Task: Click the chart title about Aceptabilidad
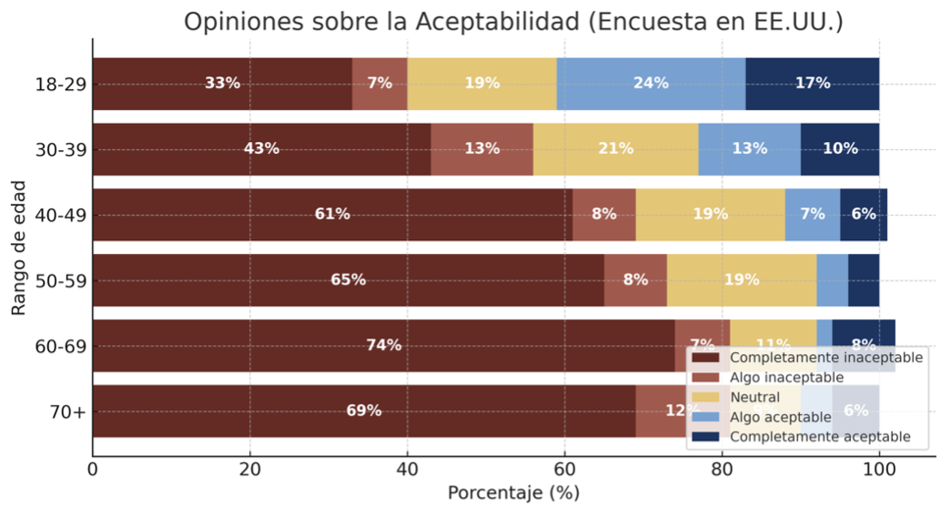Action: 513,22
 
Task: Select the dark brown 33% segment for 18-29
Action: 222,84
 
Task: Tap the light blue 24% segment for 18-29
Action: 650,84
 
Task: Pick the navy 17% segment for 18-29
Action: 812,84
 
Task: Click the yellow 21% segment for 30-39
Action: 615,149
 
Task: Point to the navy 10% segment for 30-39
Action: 839,149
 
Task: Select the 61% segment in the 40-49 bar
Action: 332,215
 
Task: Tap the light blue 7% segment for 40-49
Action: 812,215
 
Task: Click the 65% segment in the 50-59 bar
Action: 348,280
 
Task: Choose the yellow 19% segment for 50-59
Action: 741,280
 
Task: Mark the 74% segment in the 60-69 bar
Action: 383,346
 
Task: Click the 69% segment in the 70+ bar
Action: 364,411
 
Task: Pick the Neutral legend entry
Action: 754,398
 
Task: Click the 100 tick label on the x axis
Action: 878,471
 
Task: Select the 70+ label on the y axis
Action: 68,411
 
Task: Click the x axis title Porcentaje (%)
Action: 513,493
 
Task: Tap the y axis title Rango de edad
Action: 20,248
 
